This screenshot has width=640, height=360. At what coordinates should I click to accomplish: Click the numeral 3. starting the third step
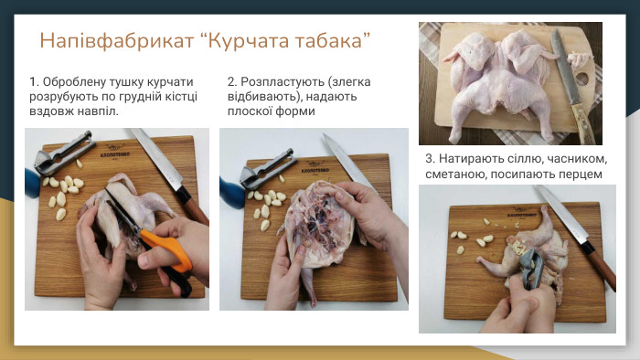pyautogui.click(x=431, y=158)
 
